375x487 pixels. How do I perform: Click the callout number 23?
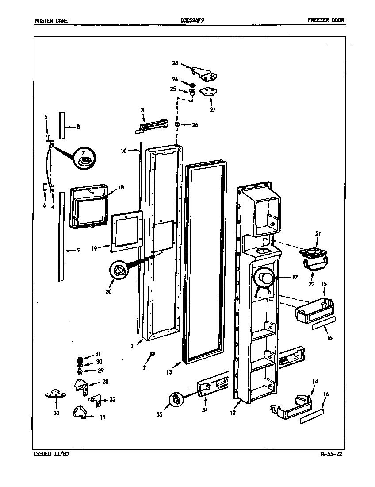point(175,63)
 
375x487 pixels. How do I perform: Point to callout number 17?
point(295,277)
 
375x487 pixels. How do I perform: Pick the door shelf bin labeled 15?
point(314,309)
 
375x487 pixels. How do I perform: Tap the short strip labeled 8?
point(62,125)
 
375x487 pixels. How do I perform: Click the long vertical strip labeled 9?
point(61,236)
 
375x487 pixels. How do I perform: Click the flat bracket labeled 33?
point(56,393)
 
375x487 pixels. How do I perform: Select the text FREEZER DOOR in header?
point(325,20)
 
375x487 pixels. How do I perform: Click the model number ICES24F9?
point(193,20)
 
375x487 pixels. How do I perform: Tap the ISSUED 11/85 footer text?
point(51,454)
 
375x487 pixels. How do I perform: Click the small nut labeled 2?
point(152,353)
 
